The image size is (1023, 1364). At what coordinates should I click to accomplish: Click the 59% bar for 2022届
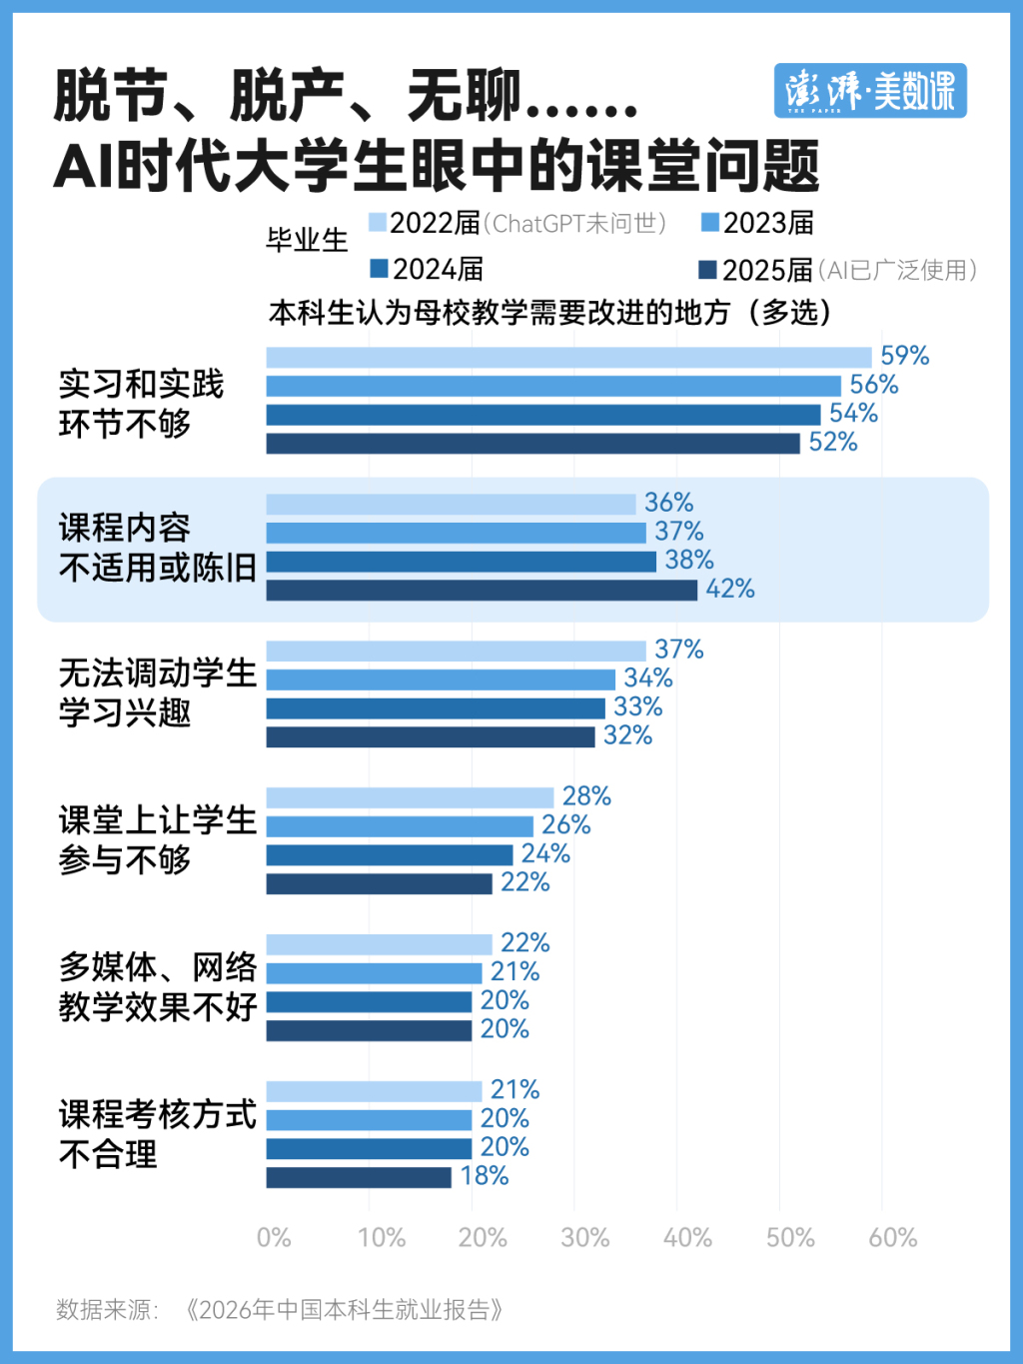(569, 358)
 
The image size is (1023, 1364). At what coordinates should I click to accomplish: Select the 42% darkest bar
(482, 591)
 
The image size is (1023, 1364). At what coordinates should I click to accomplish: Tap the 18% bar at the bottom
(359, 1177)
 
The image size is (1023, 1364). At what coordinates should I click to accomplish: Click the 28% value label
(586, 796)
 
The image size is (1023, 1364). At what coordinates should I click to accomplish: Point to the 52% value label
(833, 443)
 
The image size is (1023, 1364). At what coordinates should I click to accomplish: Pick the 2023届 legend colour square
(710, 223)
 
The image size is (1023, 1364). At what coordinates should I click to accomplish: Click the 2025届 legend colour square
(707, 270)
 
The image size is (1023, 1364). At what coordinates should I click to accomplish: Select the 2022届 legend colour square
(377, 223)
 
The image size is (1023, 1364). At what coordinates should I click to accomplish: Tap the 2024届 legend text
(438, 270)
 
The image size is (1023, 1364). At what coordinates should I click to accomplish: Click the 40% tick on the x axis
(687, 1238)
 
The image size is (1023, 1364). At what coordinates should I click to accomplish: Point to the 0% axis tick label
(274, 1238)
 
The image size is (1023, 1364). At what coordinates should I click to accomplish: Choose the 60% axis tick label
(892, 1238)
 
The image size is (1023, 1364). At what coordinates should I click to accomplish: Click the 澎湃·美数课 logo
(870, 91)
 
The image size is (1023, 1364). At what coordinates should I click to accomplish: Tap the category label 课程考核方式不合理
(158, 1134)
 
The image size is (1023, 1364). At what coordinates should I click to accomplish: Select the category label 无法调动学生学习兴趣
(158, 692)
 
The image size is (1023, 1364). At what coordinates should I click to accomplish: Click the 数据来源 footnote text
(279, 1309)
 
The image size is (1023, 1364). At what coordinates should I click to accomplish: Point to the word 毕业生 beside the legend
(307, 241)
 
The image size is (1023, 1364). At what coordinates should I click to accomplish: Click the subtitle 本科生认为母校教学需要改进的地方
(499, 313)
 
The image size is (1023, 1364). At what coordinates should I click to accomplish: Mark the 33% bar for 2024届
(436, 708)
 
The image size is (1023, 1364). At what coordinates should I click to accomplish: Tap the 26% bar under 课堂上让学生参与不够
(400, 826)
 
